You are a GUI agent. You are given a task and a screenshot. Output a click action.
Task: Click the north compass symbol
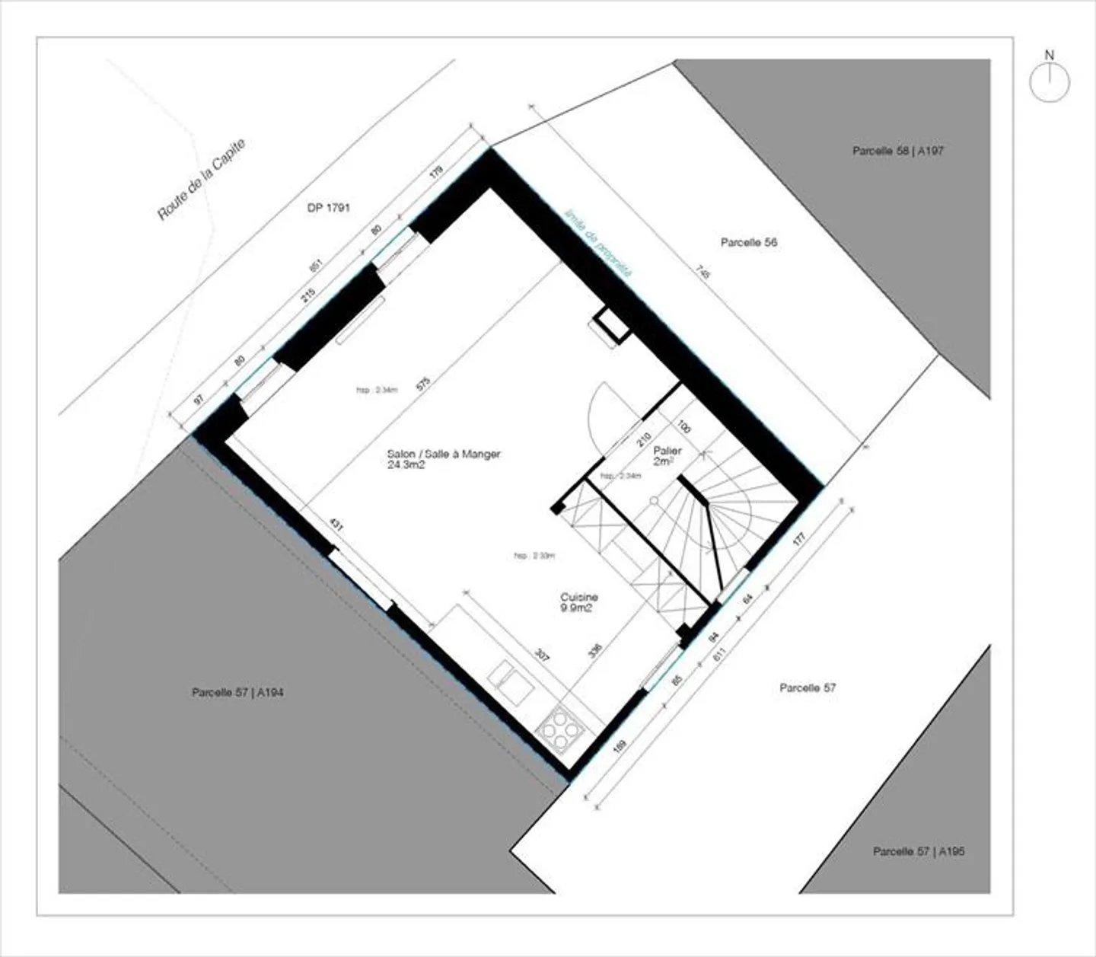point(1050,81)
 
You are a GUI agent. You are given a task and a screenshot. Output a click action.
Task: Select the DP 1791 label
point(329,208)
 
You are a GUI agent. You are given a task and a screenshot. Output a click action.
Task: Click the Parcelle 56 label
point(749,243)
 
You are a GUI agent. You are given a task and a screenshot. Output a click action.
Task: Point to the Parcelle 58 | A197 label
point(897,151)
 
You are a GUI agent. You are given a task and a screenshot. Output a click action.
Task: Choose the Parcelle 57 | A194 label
point(237,693)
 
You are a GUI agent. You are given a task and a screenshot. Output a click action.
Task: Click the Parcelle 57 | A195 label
point(919,851)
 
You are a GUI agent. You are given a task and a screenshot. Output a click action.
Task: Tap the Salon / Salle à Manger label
point(444,454)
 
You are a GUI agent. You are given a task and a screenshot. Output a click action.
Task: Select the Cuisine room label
point(579,598)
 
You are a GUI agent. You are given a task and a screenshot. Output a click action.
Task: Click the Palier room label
point(667,451)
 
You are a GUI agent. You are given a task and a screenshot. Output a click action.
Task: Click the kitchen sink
point(511,681)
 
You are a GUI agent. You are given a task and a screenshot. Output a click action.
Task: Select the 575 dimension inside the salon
point(423,383)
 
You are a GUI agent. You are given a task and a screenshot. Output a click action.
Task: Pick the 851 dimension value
point(316,264)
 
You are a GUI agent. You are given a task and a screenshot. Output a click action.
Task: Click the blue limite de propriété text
point(597,242)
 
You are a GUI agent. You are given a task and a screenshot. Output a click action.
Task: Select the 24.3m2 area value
point(406,465)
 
